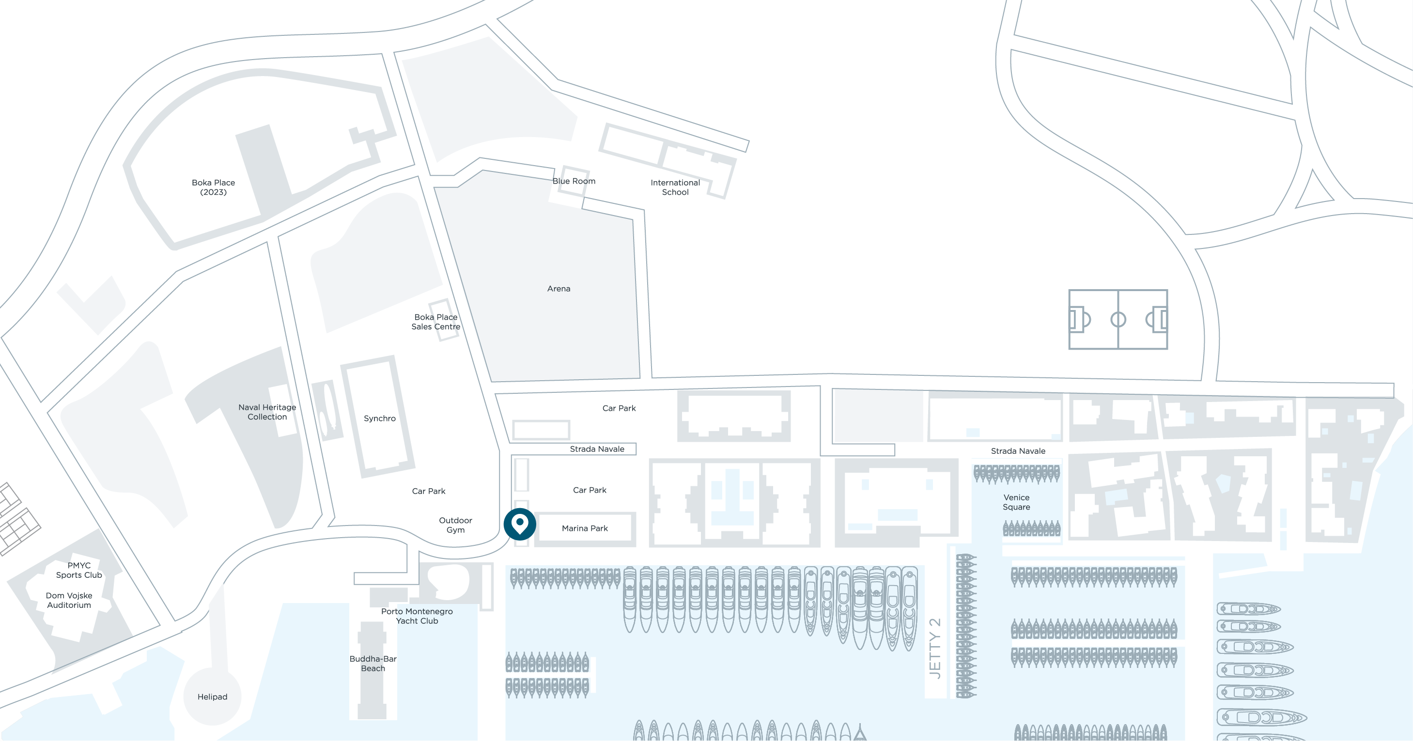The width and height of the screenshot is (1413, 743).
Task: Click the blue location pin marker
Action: (519, 524)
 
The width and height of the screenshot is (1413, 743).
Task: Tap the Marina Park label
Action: (585, 528)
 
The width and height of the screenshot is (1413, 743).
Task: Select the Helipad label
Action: (212, 697)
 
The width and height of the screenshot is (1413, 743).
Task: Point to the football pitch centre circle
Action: (1118, 319)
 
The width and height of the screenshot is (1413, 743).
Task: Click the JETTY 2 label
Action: (935, 649)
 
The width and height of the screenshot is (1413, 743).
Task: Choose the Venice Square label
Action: (1016, 502)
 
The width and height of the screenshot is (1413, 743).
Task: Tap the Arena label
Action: (559, 288)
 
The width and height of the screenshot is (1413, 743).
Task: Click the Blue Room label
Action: (574, 181)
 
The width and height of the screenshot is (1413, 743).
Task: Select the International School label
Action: (675, 187)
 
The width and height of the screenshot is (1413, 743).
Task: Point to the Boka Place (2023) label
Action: (213, 187)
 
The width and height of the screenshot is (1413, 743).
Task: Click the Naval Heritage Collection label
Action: (267, 412)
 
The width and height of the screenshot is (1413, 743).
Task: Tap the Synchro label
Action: (380, 418)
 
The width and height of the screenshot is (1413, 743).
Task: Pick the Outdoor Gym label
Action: (455, 525)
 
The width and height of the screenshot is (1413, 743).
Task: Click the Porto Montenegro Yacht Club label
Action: (417, 616)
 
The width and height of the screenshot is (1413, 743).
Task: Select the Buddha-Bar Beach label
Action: (373, 664)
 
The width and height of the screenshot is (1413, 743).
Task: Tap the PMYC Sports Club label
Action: (79, 570)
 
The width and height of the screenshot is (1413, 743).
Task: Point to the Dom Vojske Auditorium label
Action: (69, 601)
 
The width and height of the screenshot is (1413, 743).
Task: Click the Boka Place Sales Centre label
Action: (436, 322)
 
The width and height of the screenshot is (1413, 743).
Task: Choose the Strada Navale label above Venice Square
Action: (1018, 451)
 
